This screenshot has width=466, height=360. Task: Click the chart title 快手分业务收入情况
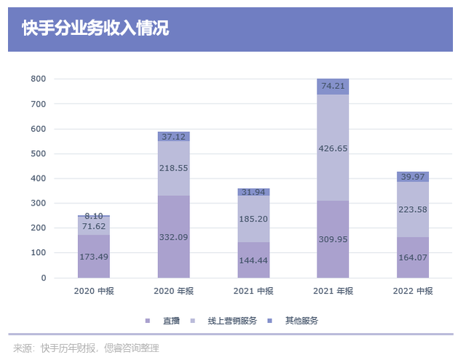95,29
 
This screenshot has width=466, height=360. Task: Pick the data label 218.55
174,168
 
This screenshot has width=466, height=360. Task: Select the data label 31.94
253,192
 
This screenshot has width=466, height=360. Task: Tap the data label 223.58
413,210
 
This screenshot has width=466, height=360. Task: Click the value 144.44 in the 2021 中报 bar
253,260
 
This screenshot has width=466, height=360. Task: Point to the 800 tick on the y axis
39,79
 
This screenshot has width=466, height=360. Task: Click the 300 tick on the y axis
39,203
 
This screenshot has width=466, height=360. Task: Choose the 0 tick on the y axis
43,278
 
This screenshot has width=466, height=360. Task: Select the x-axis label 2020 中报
94,291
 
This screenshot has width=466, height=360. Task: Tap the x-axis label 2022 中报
413,291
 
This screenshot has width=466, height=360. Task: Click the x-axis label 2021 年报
333,291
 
